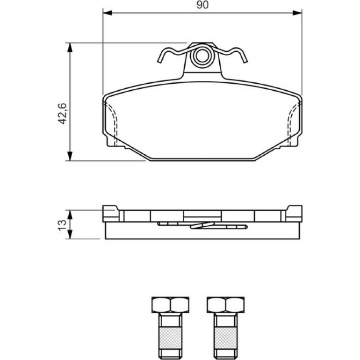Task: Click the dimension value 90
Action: coord(202,5)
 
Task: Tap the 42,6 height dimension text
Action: coord(63,114)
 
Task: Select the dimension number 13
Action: coord(62,225)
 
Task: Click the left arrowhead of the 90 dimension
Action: coord(108,13)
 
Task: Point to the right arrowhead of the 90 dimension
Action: coord(297,13)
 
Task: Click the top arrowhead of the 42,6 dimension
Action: coord(70,47)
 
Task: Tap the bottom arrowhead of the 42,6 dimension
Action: coord(70,156)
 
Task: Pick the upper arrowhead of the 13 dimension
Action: coord(70,215)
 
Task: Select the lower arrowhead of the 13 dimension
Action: coord(70,234)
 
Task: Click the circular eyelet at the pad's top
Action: coord(202,56)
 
